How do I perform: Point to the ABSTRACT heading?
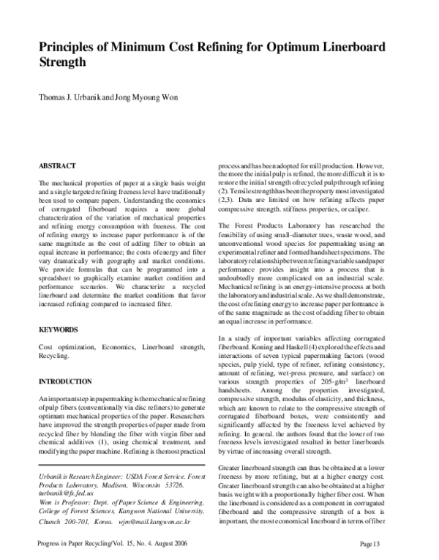[56, 166]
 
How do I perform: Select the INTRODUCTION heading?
[65, 381]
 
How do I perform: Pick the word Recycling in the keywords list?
[53, 356]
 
